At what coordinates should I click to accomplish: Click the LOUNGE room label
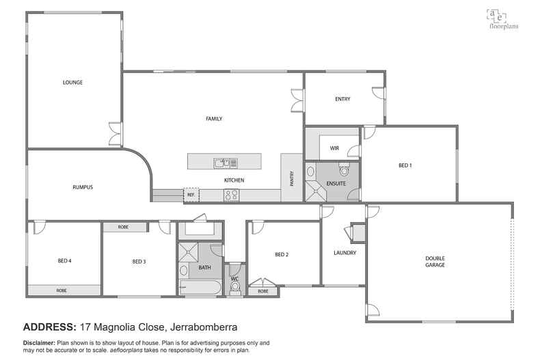(x=72, y=83)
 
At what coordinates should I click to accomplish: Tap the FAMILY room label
(x=214, y=119)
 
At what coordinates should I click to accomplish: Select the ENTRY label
(x=342, y=99)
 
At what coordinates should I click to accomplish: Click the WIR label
(x=334, y=147)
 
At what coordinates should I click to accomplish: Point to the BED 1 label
(x=405, y=165)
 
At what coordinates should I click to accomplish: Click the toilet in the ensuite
(x=344, y=167)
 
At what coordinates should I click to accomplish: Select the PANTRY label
(x=292, y=177)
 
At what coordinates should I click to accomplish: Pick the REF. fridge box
(x=191, y=195)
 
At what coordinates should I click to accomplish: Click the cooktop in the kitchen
(x=232, y=195)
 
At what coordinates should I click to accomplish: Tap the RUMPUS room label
(x=83, y=187)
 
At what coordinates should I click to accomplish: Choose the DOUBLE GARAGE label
(x=435, y=262)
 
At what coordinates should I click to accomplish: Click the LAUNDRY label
(x=345, y=253)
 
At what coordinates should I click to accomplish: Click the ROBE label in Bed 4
(x=62, y=291)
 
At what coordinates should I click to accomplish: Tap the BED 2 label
(x=282, y=255)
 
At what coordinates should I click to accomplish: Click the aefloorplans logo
(x=501, y=18)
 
